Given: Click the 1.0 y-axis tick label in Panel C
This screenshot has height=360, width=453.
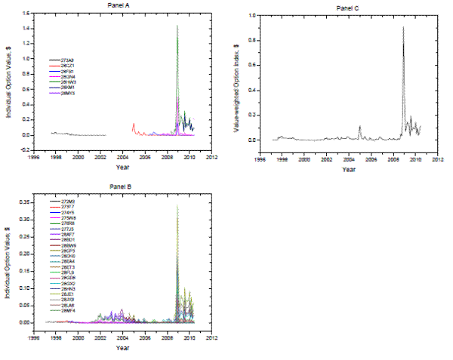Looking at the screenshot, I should [x=251, y=15].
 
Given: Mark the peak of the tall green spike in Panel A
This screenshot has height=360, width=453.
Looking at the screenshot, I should [x=177, y=26].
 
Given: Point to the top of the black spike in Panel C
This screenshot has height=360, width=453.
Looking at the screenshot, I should [x=403, y=28].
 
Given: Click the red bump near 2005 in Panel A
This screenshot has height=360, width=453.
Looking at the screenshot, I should [x=134, y=125].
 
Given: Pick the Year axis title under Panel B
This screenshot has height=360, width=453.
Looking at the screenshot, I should [x=123, y=348].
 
